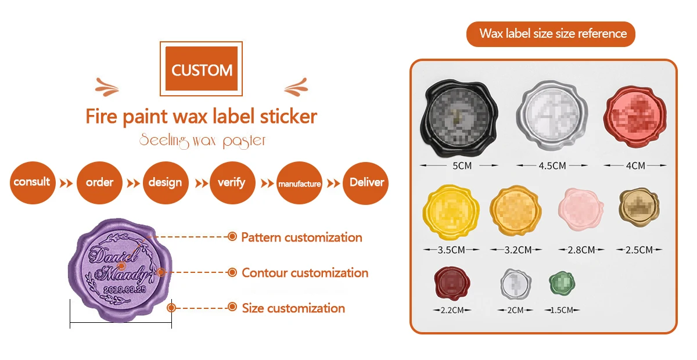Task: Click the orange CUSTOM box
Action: click(x=202, y=70)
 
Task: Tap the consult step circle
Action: click(x=32, y=182)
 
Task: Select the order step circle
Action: click(x=99, y=182)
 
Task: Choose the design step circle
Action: click(x=166, y=182)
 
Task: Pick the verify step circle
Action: click(x=232, y=182)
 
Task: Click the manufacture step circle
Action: click(x=299, y=183)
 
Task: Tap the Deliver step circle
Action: click(x=366, y=182)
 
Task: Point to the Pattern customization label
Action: click(x=301, y=237)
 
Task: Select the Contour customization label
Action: click(x=305, y=272)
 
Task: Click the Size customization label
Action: click(x=293, y=308)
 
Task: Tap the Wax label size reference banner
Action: click(x=551, y=34)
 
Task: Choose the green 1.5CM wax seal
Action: click(x=562, y=283)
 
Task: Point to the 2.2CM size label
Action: click(x=452, y=311)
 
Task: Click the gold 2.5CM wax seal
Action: click(x=639, y=207)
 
